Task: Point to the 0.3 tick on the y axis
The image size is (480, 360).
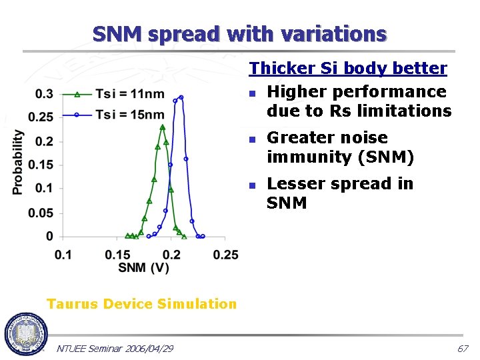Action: pos(45,94)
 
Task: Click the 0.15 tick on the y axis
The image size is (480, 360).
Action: pos(41,165)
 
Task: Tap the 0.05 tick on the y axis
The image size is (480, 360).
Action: pos(41,213)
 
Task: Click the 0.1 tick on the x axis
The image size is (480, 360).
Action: pos(63,255)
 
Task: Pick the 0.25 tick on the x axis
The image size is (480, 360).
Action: pos(227,255)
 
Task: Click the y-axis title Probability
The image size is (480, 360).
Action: pos(19,162)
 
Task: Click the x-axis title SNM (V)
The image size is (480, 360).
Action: pos(143,268)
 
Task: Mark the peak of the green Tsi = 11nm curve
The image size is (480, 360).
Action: pos(162,127)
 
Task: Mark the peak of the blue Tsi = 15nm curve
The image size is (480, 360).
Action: pos(181,97)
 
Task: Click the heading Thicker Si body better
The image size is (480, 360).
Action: pos(348,68)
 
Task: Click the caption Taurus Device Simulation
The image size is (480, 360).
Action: pos(141,304)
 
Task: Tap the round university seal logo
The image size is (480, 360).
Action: pos(25,333)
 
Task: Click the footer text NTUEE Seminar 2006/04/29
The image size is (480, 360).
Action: pos(115,349)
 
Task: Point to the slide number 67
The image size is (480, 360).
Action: pos(463,349)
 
